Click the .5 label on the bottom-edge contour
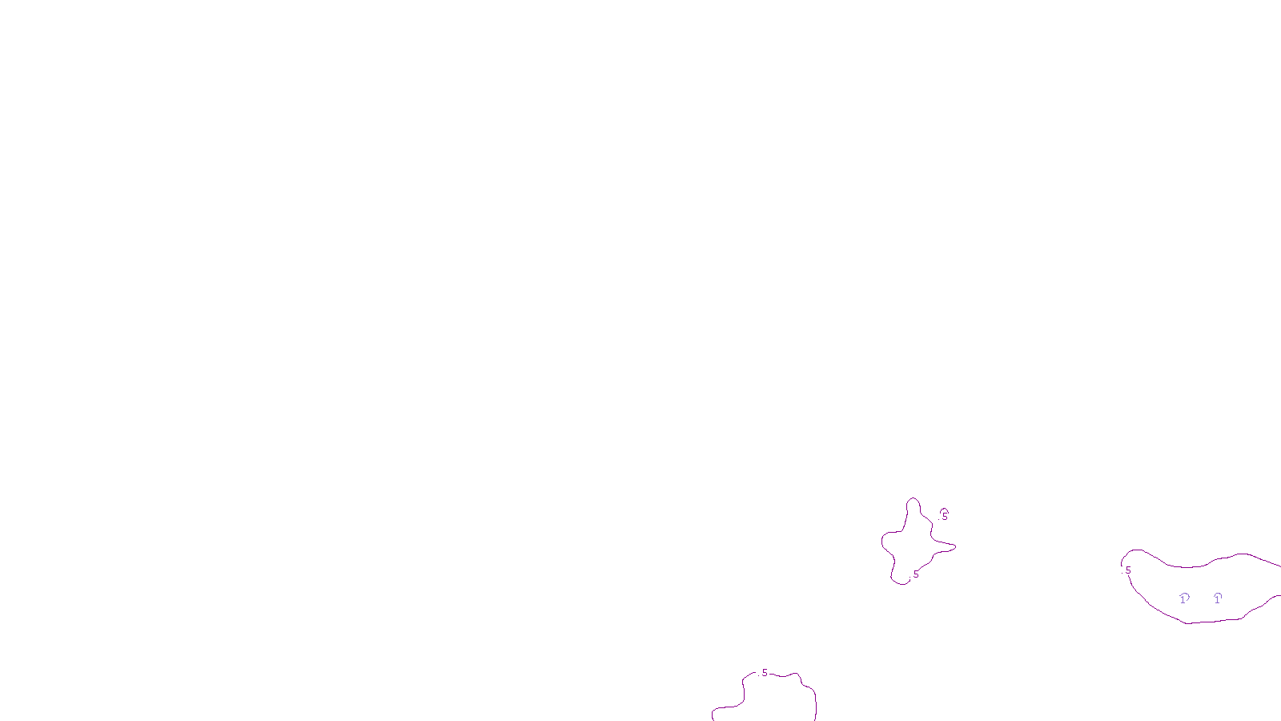(x=764, y=673)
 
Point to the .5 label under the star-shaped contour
(x=915, y=574)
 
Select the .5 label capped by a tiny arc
(x=944, y=517)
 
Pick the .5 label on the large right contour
(x=1127, y=570)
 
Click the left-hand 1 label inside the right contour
(x=1184, y=598)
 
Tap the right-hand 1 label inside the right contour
(x=1218, y=598)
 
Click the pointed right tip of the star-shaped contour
(x=954, y=547)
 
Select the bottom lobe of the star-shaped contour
(x=900, y=582)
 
